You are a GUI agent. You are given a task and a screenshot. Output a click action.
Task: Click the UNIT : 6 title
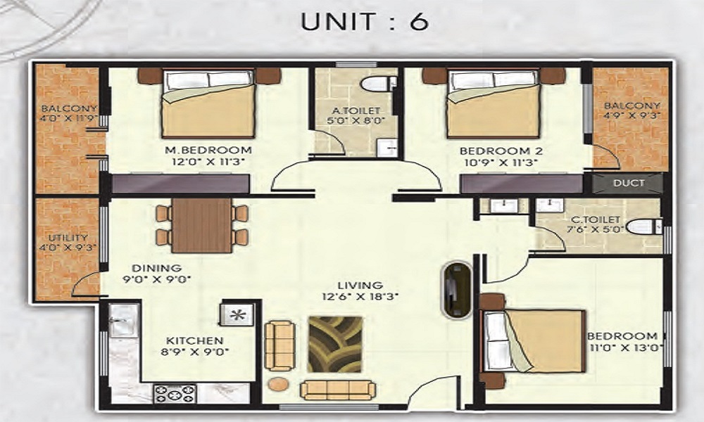tap(364, 22)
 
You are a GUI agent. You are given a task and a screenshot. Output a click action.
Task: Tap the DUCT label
tap(629, 183)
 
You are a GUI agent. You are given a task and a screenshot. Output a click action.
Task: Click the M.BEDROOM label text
tap(208, 150)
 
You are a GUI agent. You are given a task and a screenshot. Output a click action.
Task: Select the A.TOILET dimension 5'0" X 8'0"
tap(356, 120)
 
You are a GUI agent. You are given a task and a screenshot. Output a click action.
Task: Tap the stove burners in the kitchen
tap(175, 394)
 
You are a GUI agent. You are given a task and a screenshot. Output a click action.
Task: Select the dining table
tap(202, 225)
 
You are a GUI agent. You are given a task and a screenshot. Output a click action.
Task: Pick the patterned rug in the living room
tap(335, 344)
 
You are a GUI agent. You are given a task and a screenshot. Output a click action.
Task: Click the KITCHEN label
tap(195, 341)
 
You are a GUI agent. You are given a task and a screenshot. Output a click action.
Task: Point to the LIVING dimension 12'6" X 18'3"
tap(360, 296)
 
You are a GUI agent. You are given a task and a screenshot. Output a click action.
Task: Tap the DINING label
tap(157, 268)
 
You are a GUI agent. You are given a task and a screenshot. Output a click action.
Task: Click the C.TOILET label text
tap(596, 219)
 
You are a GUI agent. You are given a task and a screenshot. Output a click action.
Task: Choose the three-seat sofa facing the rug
tap(338, 390)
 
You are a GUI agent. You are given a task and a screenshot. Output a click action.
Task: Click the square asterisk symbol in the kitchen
tap(237, 314)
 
